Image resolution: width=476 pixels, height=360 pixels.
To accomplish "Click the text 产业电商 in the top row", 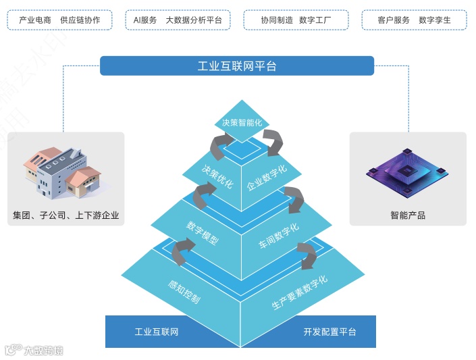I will (35, 20).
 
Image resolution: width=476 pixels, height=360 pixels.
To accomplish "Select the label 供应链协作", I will (80, 20).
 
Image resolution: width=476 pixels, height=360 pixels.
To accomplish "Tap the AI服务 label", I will (144, 20).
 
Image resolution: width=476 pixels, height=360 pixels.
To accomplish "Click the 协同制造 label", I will (277, 20).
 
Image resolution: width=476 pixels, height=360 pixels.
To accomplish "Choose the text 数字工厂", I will (318, 20).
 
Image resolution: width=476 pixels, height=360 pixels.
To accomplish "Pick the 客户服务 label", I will (394, 20).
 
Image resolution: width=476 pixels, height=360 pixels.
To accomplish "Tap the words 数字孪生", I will (435, 20).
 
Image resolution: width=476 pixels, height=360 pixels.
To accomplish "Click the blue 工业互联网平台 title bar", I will (237, 66).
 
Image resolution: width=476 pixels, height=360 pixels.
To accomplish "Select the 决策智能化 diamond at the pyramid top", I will (242, 122).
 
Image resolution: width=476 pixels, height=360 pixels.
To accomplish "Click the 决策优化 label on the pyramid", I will (215, 172).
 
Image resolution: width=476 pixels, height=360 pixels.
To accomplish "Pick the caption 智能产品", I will (408, 215).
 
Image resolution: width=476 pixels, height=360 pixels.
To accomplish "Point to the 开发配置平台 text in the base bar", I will (329, 332).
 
